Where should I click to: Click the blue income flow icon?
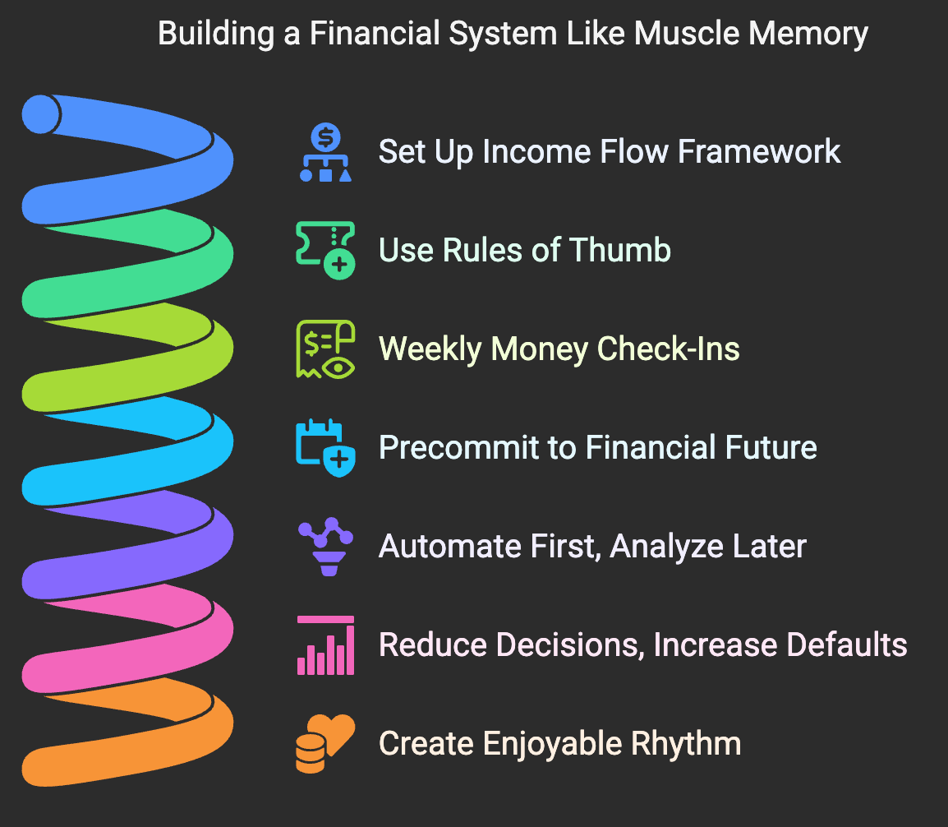click(325, 153)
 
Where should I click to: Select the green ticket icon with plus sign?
click(325, 251)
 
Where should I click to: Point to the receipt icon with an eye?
click(325, 349)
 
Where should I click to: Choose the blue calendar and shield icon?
click(325, 448)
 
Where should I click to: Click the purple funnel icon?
click(326, 547)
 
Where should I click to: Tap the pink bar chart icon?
click(325, 645)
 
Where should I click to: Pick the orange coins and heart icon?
click(325, 744)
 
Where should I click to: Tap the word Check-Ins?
click(669, 349)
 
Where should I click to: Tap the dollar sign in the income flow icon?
click(326, 135)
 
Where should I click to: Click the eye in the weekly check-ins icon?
click(338, 367)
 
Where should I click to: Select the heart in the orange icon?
click(339, 731)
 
